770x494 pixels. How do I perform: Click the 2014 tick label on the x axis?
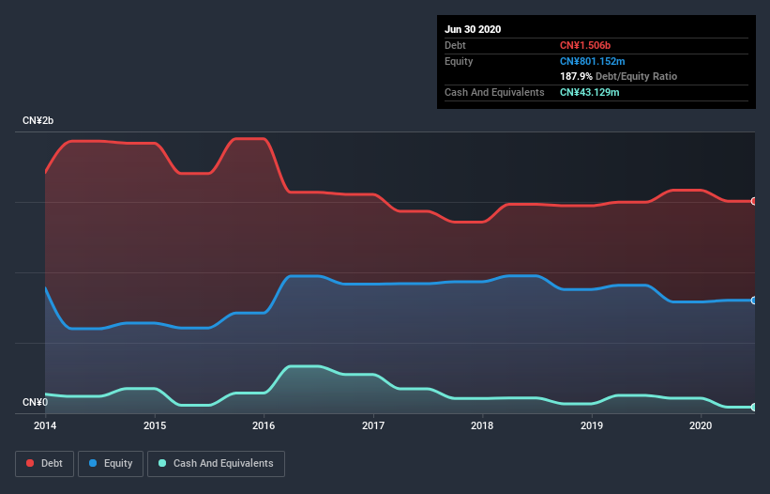(x=45, y=425)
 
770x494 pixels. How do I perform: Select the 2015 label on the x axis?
(x=155, y=425)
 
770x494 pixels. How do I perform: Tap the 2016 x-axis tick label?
(x=264, y=425)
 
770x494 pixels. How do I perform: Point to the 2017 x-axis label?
(x=373, y=425)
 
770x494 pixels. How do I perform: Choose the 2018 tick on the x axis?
(x=482, y=425)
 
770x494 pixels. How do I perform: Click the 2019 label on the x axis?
(x=592, y=425)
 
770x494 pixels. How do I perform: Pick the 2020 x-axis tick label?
(x=701, y=425)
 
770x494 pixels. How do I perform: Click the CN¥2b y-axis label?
(x=38, y=121)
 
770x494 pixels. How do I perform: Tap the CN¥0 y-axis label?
(x=35, y=403)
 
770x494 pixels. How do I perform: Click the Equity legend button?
(x=111, y=463)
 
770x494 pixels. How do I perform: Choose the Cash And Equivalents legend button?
(x=216, y=463)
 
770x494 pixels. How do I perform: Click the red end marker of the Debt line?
(x=753, y=201)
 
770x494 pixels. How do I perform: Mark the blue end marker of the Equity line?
(x=753, y=301)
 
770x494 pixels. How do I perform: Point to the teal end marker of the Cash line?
(x=753, y=407)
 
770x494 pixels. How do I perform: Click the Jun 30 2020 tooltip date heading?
(x=473, y=29)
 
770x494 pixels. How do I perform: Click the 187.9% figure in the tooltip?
(x=576, y=76)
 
